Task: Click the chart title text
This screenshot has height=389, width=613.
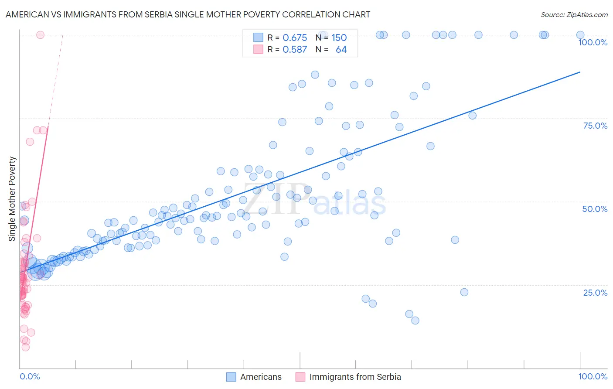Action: pos(188,14)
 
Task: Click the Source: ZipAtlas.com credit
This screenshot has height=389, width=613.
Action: pos(574,14)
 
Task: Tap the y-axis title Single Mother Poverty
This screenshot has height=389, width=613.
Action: pos(12,199)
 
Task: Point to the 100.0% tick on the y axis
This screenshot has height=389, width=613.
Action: pos(593,42)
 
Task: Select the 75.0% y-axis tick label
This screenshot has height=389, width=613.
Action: pos(595,126)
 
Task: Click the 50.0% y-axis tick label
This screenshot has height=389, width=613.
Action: pos(595,209)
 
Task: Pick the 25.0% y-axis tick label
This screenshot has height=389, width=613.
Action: pos(595,293)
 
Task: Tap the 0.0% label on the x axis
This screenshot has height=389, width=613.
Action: pos(30,376)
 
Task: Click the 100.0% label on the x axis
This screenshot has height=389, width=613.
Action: pos(593,376)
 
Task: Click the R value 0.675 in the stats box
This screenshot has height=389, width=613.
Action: pos(295,38)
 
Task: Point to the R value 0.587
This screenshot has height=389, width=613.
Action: pos(295,50)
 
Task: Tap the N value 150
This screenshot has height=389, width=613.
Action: pos(339,38)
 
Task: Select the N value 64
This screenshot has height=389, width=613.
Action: pos(341,50)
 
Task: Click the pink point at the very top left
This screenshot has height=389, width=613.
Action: pos(40,35)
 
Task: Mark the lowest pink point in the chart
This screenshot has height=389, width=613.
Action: pos(26,347)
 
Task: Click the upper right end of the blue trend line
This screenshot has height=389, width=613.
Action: pos(580,72)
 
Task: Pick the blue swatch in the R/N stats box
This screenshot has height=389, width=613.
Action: pos(258,38)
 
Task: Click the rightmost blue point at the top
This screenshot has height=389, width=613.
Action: pos(580,35)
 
